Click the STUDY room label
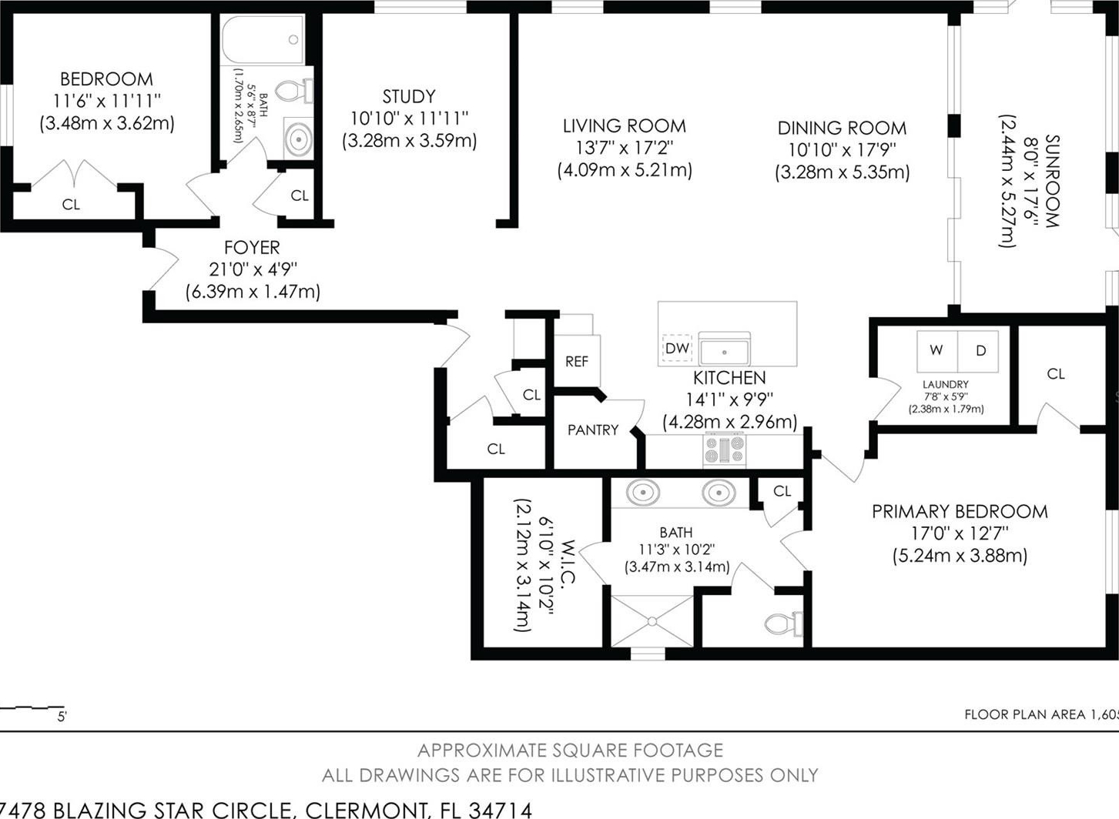tap(409, 96)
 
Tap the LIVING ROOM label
tap(625, 125)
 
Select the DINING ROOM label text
tap(842, 129)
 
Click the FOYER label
tap(252, 248)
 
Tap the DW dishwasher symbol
tap(677, 348)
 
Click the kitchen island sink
tap(724, 348)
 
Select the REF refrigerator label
tap(577, 362)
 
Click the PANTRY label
tap(593, 430)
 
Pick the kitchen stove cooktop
tap(725, 450)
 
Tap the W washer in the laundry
tap(936, 351)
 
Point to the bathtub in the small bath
tap(263, 39)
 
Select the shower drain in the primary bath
tap(652, 621)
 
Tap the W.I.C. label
tap(568, 562)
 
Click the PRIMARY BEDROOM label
tap(960, 512)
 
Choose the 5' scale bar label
tap(62, 717)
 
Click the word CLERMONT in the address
tap(367, 810)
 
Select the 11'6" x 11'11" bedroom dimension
tap(107, 102)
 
